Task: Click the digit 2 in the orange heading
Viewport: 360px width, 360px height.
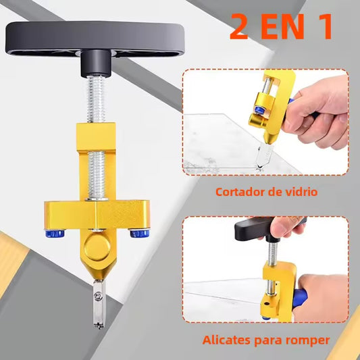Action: [x=239, y=26]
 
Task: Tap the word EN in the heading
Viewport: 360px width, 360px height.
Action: [x=283, y=26]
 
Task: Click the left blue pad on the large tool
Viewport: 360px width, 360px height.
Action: [x=55, y=234]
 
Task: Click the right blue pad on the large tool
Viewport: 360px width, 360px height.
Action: [x=140, y=233]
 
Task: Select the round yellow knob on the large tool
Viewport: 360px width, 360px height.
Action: [x=97, y=247]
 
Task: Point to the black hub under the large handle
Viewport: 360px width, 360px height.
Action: [x=96, y=63]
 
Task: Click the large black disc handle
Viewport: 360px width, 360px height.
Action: [x=95, y=38]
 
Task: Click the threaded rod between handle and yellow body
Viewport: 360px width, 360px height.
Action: [x=96, y=99]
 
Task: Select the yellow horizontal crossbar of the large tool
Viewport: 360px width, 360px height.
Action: [x=97, y=215]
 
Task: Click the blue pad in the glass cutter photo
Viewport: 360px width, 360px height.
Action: [x=259, y=110]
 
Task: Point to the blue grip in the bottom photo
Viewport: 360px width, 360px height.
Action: [x=299, y=298]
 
